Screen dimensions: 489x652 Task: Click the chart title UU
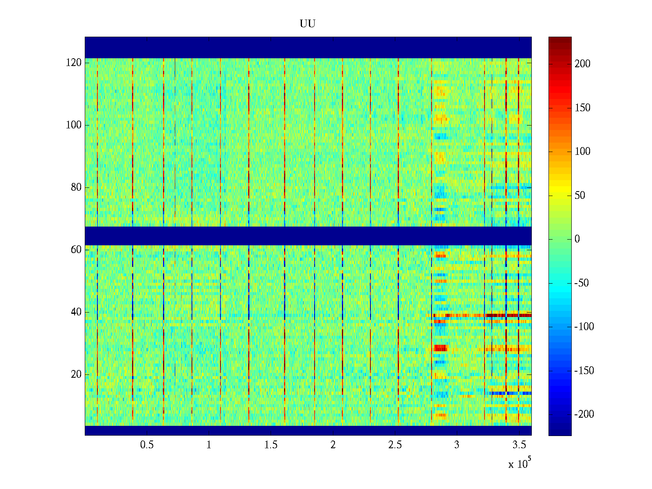click(308, 24)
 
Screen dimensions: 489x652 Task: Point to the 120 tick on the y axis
click(74, 63)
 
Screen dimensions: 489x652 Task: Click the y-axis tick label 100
click(74, 125)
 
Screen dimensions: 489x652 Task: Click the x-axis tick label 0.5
click(147, 445)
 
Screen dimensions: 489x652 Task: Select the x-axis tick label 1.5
click(271, 445)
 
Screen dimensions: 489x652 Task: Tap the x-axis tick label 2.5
click(395, 445)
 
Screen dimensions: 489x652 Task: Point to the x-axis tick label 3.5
click(519, 445)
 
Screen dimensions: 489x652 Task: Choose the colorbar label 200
click(582, 64)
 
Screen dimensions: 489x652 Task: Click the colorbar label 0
click(577, 239)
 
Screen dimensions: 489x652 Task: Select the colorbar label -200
click(584, 414)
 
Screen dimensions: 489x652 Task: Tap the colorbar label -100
click(584, 327)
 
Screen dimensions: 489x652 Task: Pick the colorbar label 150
click(582, 108)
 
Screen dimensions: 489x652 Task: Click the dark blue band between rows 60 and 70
click(308, 236)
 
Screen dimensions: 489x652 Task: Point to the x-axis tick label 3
click(457, 445)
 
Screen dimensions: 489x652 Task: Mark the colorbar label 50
click(580, 196)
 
